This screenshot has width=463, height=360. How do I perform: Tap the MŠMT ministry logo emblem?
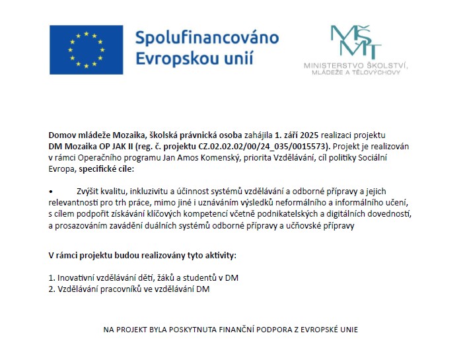click(x=356, y=42)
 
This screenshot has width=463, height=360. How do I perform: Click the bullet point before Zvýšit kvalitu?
click(x=51, y=191)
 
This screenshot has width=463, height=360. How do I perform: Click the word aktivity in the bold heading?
click(x=216, y=255)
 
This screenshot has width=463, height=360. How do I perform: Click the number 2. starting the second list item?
click(x=52, y=289)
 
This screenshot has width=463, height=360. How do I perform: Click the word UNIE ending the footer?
click(x=347, y=330)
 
